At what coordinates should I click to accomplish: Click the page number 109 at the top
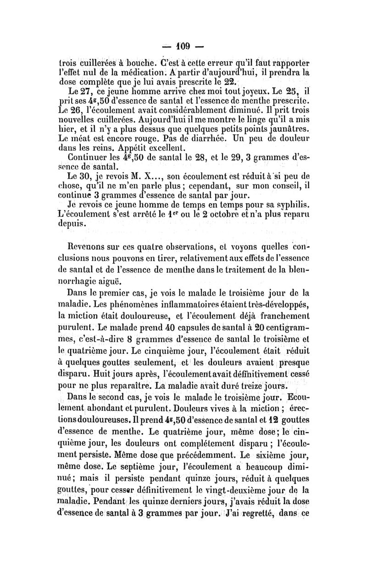(183, 47)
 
